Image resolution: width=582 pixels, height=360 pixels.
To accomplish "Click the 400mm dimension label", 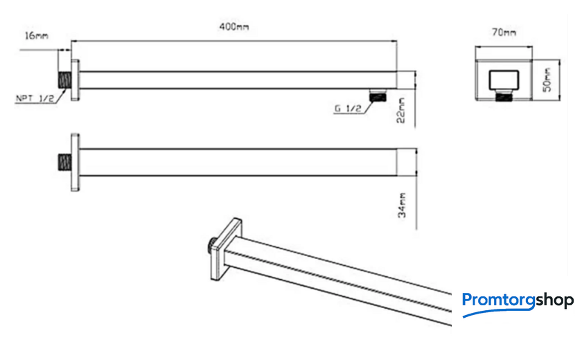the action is (234, 27).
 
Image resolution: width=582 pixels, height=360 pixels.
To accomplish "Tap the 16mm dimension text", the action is (36, 35).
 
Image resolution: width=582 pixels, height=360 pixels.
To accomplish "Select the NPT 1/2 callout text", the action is (35, 98).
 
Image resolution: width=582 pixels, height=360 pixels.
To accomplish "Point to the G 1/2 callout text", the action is (348, 109).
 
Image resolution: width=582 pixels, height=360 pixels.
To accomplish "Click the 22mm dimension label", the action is (401, 111).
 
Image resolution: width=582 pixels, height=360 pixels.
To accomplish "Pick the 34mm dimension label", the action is (402, 205).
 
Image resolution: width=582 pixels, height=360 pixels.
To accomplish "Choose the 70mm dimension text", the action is (504, 33).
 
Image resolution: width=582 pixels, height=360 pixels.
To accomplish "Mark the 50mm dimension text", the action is (547, 80).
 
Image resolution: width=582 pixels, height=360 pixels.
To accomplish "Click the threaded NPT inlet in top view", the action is (64, 80).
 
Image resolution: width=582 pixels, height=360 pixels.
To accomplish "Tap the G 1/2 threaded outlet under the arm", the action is (378, 96).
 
